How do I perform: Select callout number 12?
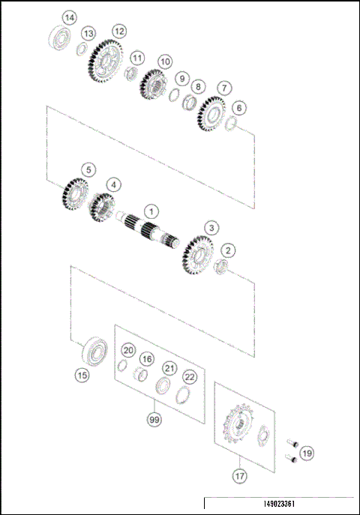click(x=118, y=31)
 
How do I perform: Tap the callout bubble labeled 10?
click(x=165, y=61)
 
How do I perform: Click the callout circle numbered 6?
click(x=238, y=107)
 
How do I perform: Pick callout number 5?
click(x=88, y=170)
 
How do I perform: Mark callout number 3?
click(x=212, y=226)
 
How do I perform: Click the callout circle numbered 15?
click(x=82, y=374)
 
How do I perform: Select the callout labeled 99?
click(x=154, y=420)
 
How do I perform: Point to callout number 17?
click(x=240, y=475)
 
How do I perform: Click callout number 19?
click(x=307, y=453)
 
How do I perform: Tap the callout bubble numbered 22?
click(x=190, y=376)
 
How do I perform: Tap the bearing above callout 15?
click(x=94, y=349)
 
